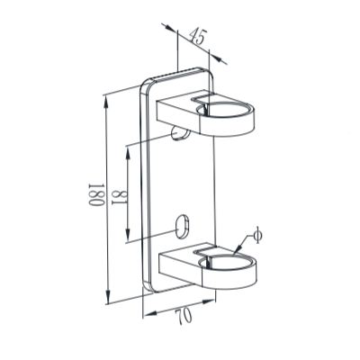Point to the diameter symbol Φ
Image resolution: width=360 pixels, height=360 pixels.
tap(257, 236)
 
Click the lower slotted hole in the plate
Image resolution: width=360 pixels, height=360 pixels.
tap(184, 224)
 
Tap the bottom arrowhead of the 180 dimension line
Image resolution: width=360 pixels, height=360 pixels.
tap(108, 303)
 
